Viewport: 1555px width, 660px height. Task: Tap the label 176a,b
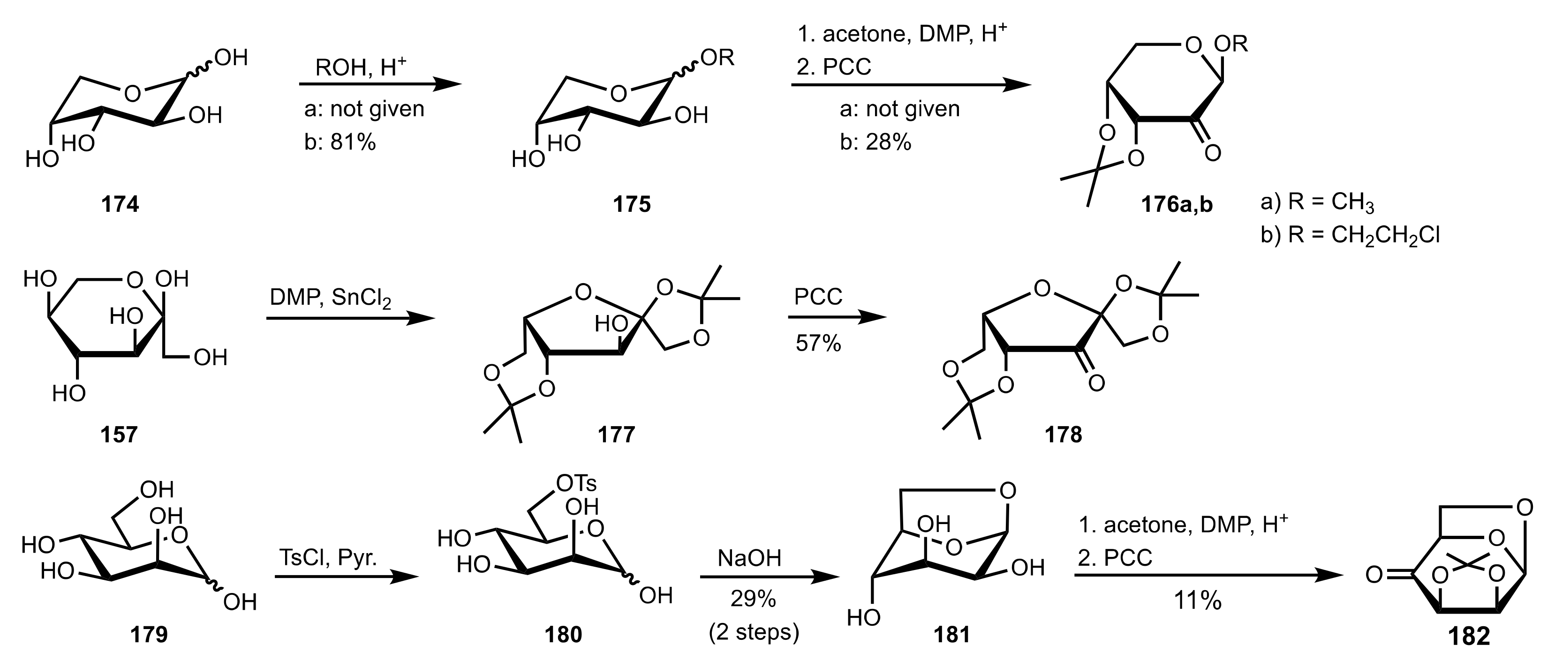pyautogui.click(x=1177, y=205)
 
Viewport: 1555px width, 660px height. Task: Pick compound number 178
pyautogui.click(x=1064, y=435)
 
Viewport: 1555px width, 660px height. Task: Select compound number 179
pyautogui.click(x=149, y=634)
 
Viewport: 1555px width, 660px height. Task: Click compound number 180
pyautogui.click(x=563, y=634)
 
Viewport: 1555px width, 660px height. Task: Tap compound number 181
pyautogui.click(x=952, y=634)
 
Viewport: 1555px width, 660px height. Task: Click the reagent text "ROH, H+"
pyautogui.click(x=361, y=67)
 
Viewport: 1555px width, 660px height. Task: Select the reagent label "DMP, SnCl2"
pyautogui.click(x=330, y=298)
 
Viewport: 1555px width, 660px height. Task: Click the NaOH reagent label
pyautogui.click(x=749, y=558)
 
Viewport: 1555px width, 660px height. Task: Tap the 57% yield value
pyautogui.click(x=818, y=343)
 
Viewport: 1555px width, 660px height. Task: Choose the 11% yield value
pyautogui.click(x=1198, y=601)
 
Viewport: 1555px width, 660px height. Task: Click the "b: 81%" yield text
pyautogui.click(x=340, y=142)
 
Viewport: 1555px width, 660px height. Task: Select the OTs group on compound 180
pyautogui.click(x=576, y=483)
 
